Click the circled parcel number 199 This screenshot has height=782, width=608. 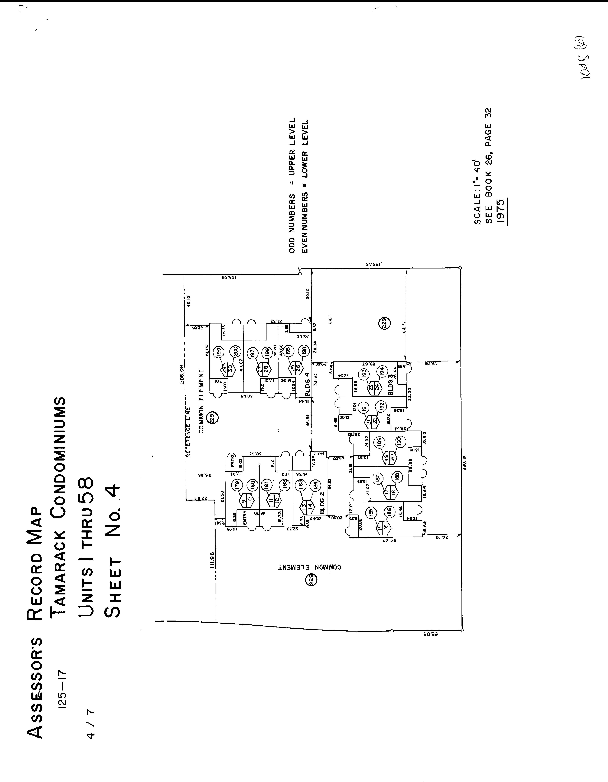click(218, 352)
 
